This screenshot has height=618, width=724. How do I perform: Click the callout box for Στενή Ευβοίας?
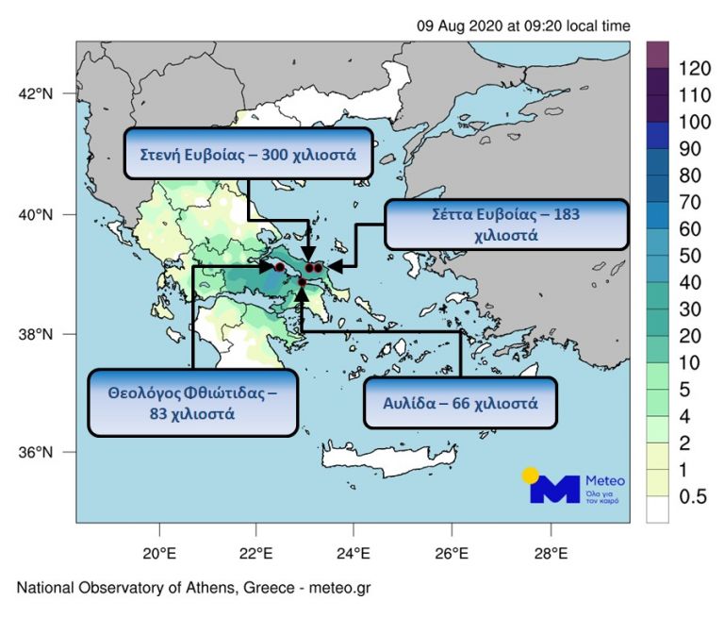click(248, 153)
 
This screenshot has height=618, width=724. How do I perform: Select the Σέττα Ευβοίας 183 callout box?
click(506, 225)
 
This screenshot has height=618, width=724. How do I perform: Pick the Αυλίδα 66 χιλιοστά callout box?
click(460, 403)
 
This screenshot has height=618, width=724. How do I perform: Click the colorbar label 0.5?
click(693, 498)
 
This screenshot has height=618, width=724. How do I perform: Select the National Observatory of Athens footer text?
click(193, 588)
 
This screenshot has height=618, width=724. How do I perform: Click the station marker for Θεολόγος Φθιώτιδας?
click(279, 267)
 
